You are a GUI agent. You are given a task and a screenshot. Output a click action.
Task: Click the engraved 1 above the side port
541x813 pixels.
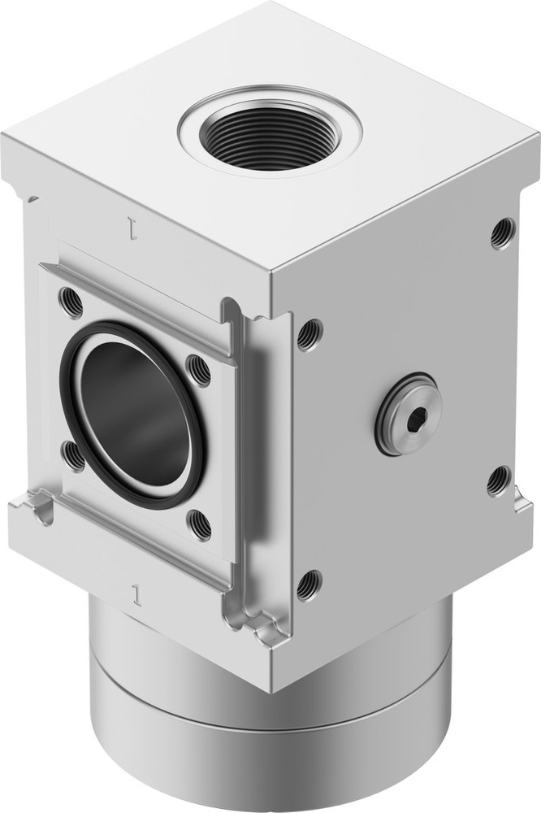pos(131,226)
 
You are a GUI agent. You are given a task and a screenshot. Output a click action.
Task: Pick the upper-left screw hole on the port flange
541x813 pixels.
pos(71,302)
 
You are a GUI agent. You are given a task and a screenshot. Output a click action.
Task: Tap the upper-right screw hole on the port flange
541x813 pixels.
pos(198,371)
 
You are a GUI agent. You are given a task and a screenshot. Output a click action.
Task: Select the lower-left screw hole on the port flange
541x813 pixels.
pos(73,455)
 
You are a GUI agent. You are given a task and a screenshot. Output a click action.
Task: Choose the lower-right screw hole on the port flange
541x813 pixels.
pos(199,524)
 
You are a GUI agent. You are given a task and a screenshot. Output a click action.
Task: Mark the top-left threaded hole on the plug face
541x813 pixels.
pos(309,333)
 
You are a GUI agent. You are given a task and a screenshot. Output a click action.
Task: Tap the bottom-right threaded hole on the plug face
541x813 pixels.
pos(499,480)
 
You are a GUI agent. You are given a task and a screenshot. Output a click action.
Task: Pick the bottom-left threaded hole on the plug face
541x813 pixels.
pos(309,585)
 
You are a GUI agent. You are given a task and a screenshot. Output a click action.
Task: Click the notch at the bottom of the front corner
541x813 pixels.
pos(264,626)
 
